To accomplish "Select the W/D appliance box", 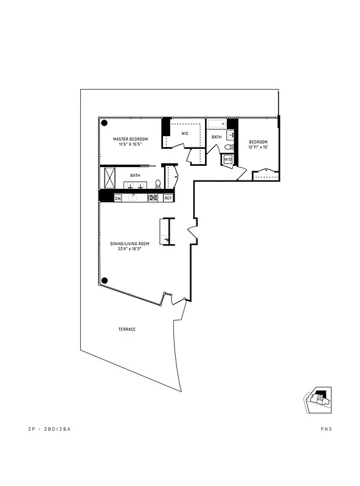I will pos(228,159).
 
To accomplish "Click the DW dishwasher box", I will pos(118,197).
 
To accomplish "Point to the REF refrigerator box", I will pos(168,197).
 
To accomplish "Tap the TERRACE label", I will pos(126,329).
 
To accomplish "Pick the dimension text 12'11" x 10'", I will pos(258,147).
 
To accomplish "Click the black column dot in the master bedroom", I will pos(105,123).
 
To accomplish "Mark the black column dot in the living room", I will pos(105,281).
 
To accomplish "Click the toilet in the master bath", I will pos(158,183).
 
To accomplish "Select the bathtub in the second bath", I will pos(216,125).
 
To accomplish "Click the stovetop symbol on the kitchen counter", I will pos(152,197).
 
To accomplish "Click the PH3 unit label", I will pos(325,429).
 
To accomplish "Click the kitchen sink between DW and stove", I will pos(133,197).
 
